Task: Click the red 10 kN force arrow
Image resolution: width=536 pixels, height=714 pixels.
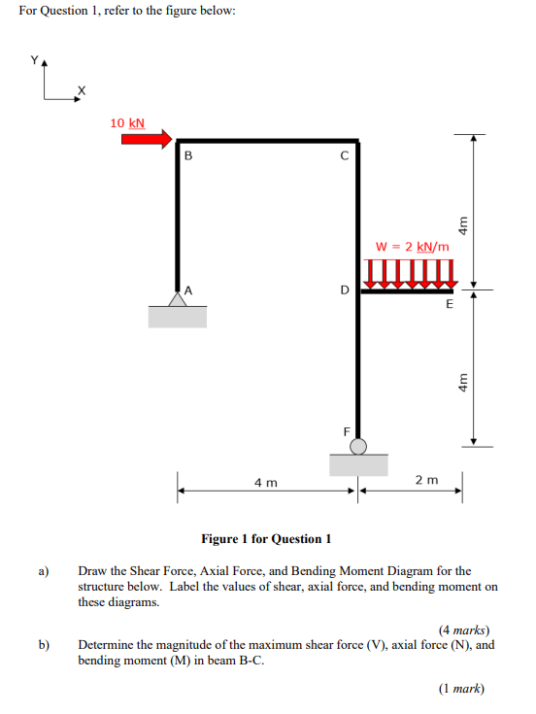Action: pos(146,139)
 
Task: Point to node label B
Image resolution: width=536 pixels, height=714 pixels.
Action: pos(188,155)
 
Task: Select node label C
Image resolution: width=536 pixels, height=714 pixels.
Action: pos(344,155)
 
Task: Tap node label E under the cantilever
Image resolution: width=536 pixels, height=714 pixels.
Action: pos(449,304)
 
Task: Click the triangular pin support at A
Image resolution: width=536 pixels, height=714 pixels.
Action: pos(177,299)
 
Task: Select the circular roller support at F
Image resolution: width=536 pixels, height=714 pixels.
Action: pos(358,446)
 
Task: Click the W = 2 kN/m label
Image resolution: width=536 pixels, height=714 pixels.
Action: pos(412,247)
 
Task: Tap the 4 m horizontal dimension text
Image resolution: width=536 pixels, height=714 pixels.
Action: pos(265,481)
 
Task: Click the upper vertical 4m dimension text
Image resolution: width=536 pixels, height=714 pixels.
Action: pos(463,223)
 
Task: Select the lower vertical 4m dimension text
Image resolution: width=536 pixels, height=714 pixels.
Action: pos(463,382)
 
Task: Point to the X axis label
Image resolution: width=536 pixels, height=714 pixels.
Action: pos(82,90)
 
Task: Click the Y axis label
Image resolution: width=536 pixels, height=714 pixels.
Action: pos(36,59)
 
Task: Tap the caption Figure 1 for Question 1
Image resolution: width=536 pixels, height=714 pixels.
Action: pos(266,538)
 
